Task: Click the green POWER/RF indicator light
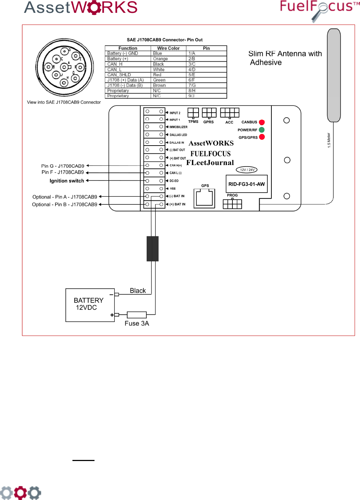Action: (262, 130)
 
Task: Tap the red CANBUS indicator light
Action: (262, 122)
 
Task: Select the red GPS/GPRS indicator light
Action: (262, 137)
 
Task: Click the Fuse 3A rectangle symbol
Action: (136, 315)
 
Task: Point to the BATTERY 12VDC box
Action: (90, 305)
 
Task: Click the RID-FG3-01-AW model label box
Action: (246, 184)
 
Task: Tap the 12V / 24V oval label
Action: (247, 170)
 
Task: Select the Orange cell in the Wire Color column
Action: (160, 59)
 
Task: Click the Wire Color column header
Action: (168, 48)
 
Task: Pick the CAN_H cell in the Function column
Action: (115, 64)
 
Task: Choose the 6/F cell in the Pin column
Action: (192, 80)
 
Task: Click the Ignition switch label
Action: (67, 181)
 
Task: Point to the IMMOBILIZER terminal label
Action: (178, 127)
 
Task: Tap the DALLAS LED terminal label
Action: (178, 135)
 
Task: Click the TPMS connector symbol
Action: (193, 113)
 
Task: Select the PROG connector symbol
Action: (232, 204)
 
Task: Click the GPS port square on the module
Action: (204, 198)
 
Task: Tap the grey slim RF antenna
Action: (334, 75)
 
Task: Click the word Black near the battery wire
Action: (138, 291)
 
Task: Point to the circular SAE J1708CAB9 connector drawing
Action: (65, 68)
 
